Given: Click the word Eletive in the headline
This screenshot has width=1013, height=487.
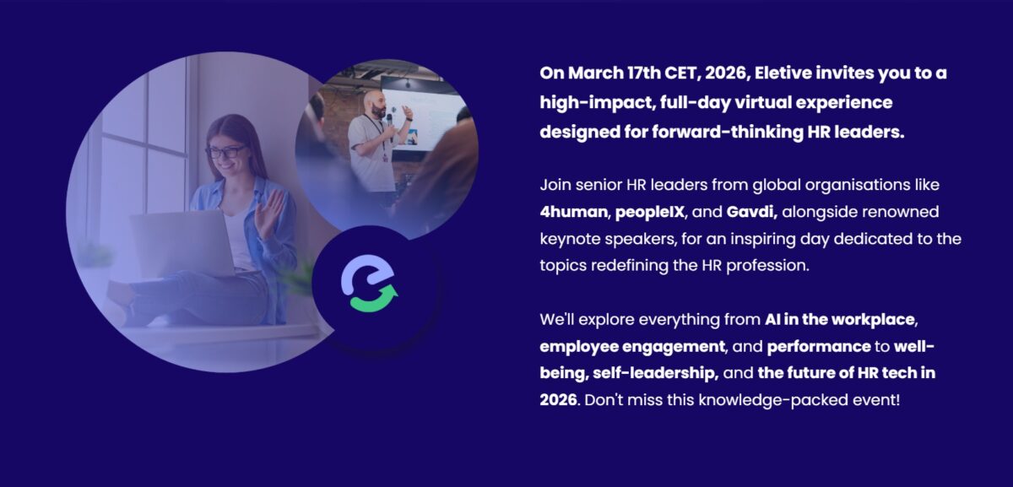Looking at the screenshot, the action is pyautogui.click(x=783, y=73).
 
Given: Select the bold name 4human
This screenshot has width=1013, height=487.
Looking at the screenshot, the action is pyautogui.click(x=573, y=212).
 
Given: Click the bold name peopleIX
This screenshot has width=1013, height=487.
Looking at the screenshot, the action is pyautogui.click(x=650, y=213).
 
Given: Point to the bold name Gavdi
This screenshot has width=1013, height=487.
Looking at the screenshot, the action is pyautogui.click(x=751, y=212).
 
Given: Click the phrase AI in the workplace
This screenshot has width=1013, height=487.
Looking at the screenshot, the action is pyautogui.click(x=840, y=320).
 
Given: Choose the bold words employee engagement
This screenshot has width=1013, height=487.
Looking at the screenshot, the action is pyautogui.click(x=632, y=347).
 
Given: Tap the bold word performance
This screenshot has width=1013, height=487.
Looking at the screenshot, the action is pyautogui.click(x=819, y=347).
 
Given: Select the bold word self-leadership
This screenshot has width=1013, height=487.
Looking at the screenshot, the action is pyautogui.click(x=655, y=373).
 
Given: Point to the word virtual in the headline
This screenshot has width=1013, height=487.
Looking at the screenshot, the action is pyautogui.click(x=762, y=103).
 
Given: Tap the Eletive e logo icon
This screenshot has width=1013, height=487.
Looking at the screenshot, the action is pyautogui.click(x=370, y=283).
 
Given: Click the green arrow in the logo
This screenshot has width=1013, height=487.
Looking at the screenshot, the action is pyautogui.click(x=375, y=300).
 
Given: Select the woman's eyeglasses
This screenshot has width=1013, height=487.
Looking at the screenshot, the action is pyautogui.click(x=226, y=152).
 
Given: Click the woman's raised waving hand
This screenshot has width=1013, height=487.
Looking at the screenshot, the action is pyautogui.click(x=268, y=213).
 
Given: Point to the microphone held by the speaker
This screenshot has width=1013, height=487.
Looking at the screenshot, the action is pyautogui.click(x=390, y=126).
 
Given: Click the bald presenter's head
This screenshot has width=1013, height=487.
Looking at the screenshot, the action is pyautogui.click(x=376, y=103).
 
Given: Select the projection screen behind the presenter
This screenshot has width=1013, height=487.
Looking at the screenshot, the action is pyautogui.click(x=423, y=113).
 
